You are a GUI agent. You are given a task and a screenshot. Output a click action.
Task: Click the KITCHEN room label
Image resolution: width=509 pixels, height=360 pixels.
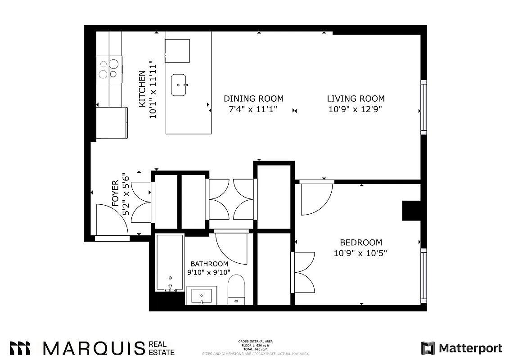(x=142, y=88)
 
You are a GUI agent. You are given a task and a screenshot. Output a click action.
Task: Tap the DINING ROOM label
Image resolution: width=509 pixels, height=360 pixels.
(x=254, y=99)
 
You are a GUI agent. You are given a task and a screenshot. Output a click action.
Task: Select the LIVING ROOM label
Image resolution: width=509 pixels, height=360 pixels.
(x=356, y=99)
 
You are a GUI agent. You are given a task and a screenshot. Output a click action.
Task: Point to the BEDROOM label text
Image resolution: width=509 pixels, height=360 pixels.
(x=361, y=242)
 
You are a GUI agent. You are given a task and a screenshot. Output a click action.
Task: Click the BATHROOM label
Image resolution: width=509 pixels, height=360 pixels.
(x=209, y=264)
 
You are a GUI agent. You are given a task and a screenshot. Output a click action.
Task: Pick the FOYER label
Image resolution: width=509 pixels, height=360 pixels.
(x=115, y=193)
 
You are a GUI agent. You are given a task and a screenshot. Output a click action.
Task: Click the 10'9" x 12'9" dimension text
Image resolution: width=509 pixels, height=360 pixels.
(x=356, y=109)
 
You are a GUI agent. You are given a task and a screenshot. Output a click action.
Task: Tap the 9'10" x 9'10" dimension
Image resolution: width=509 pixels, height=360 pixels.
(x=209, y=272)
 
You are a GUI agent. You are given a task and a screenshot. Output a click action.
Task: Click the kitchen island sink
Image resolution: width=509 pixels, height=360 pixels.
(x=180, y=85)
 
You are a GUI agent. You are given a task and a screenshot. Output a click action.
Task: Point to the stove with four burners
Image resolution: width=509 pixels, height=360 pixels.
(x=109, y=69)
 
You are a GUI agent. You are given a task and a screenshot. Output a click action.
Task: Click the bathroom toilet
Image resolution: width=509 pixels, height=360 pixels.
(x=236, y=290)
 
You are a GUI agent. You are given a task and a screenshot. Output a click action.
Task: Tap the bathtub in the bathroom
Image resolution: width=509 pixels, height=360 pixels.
(x=170, y=263)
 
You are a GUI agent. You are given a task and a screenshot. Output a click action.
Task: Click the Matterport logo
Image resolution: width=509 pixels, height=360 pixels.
(x=461, y=348)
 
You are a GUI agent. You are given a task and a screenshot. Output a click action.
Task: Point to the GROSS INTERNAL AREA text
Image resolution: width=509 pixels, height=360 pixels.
(x=255, y=342)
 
